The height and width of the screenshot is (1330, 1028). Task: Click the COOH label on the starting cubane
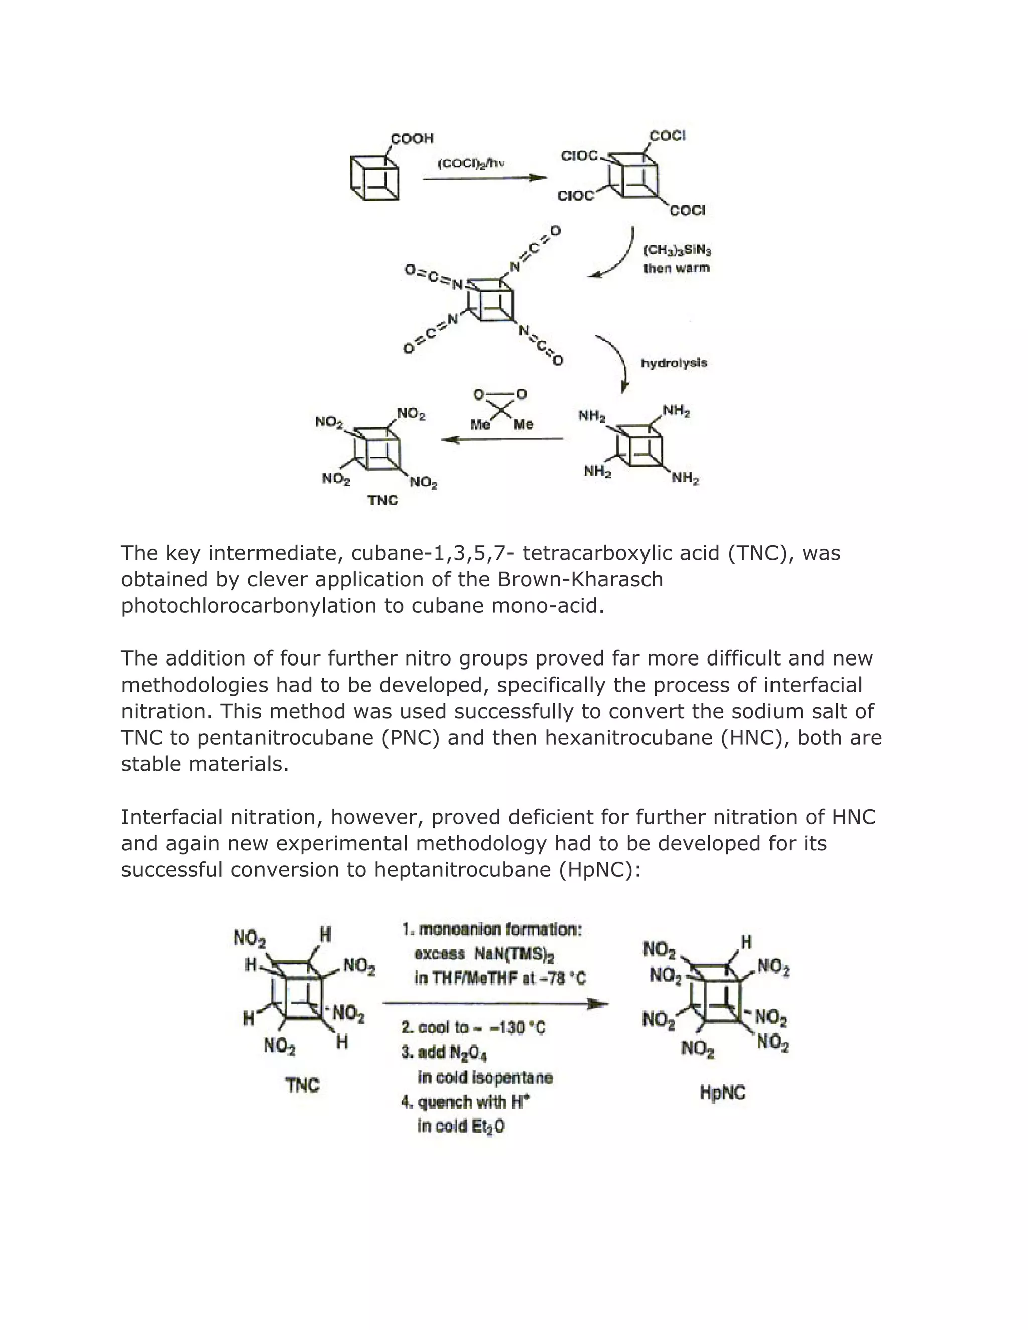(412, 138)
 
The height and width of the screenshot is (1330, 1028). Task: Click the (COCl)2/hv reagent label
(471, 163)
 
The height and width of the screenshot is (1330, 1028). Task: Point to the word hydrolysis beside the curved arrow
(674, 363)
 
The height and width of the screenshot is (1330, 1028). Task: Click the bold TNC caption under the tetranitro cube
(382, 500)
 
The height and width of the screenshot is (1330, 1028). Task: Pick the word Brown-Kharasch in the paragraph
(580, 579)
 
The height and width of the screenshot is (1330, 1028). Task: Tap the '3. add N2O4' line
(444, 1052)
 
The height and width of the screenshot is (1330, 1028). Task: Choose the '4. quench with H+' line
(465, 1102)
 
